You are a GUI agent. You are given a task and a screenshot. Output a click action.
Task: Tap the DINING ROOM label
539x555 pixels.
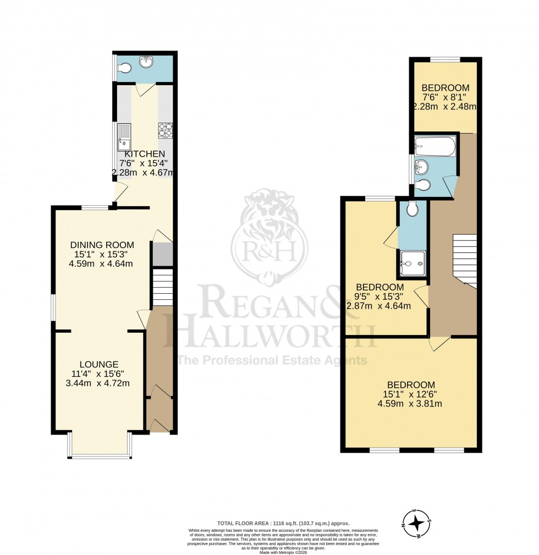tap(102, 245)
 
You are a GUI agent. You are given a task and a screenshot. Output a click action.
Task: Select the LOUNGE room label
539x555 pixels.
tap(99, 364)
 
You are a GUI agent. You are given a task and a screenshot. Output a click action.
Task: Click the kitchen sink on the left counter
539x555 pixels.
tap(124, 137)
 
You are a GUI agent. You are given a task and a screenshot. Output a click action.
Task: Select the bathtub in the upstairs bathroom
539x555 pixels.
tap(435, 147)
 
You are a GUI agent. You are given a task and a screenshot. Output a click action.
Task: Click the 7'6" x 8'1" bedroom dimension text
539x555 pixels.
tap(445, 97)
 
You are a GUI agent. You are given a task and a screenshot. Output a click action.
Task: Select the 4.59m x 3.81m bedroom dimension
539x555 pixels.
tap(410, 403)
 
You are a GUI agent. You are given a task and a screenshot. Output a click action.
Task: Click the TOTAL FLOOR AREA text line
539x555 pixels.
tap(281, 523)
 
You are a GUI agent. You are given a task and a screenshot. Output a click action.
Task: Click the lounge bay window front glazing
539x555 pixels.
tap(100, 456)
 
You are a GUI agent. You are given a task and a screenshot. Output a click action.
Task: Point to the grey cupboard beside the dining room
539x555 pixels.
tap(162, 253)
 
